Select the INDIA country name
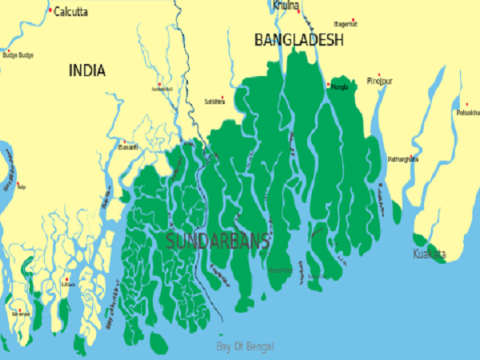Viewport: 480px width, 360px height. pyautogui.click(x=87, y=70)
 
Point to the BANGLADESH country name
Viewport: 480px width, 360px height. pyautogui.click(x=299, y=39)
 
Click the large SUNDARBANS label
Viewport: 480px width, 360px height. pyautogui.click(x=218, y=239)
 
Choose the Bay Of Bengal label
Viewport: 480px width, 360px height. pyautogui.click(x=246, y=346)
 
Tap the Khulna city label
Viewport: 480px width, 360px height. pyautogui.click(x=285, y=6)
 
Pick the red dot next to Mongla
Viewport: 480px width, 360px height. pyautogui.click(x=328, y=83)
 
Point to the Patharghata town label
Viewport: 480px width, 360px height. pyautogui.click(x=402, y=159)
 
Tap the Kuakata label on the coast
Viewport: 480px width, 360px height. pyautogui.click(x=430, y=254)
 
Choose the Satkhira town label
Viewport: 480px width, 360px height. pyautogui.click(x=214, y=102)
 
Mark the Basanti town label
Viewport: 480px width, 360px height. pyautogui.click(x=128, y=148)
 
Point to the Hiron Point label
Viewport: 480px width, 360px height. pyautogui.click(x=281, y=270)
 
